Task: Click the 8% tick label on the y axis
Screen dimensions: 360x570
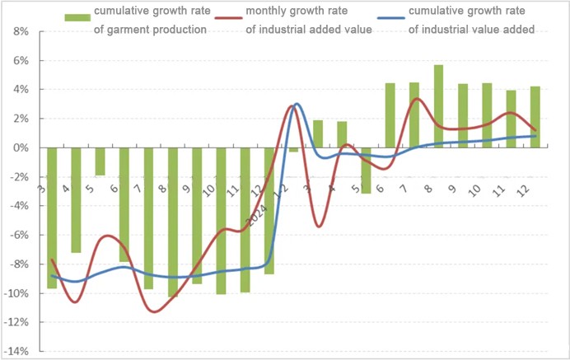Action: pyautogui.click(x=19, y=31)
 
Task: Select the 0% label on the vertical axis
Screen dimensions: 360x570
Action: pyautogui.click(x=19, y=147)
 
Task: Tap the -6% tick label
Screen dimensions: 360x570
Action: pyautogui.click(x=17, y=235)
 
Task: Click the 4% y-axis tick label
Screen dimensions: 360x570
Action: pyautogui.click(x=19, y=90)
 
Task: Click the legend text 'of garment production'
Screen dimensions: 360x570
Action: pyautogui.click(x=149, y=30)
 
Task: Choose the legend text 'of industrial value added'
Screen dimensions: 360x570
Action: pyautogui.click(x=473, y=30)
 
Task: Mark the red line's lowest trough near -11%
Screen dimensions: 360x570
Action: pyautogui.click(x=153, y=311)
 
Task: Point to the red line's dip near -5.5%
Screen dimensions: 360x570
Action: pyautogui.click(x=318, y=226)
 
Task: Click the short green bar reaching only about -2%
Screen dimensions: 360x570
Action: pyautogui.click(x=100, y=161)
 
